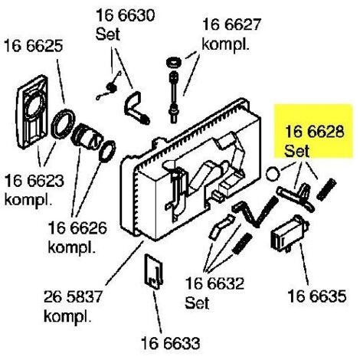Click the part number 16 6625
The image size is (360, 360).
34,46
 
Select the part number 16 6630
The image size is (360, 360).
126,15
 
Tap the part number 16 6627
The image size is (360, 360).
231,25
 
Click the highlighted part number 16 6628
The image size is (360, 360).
315,132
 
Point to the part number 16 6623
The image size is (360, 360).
34,181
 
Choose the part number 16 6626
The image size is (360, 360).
77,228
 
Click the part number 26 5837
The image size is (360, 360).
73,296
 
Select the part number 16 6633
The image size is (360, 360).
171,343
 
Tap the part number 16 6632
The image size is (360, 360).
214,283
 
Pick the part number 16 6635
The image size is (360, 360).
317,296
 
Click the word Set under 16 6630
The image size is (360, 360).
107,34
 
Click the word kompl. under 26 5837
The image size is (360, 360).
67,316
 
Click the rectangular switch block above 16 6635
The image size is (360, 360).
290,233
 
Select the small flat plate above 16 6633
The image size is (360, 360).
153,272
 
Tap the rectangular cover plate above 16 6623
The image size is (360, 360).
32,112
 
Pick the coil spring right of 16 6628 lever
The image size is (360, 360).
326,189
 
